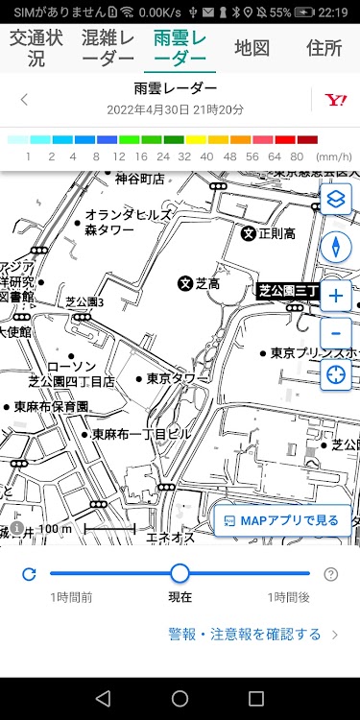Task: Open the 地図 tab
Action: click(252, 47)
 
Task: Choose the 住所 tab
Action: click(324, 47)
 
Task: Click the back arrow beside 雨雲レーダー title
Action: click(24, 99)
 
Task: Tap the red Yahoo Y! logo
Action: click(335, 99)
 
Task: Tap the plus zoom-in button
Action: click(335, 296)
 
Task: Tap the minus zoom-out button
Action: click(335, 332)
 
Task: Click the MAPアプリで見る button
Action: click(281, 520)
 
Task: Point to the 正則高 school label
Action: click(268, 233)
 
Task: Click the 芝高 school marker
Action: click(185, 283)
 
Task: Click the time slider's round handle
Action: click(180, 574)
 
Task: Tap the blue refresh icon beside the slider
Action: click(29, 574)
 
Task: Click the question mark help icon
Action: click(331, 574)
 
